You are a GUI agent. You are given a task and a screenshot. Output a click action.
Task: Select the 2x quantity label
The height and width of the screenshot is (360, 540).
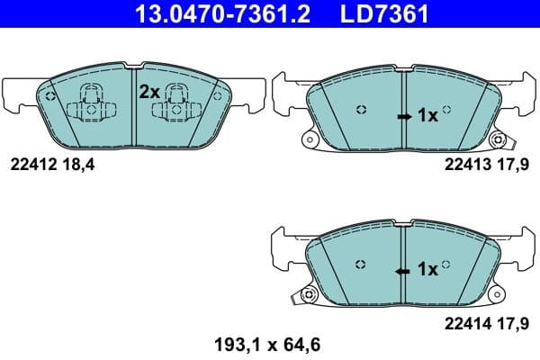[148, 91]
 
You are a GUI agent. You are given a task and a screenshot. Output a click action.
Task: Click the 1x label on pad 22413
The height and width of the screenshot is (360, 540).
[427, 116]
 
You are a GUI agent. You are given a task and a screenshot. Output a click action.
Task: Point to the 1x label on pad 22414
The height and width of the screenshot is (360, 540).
[427, 268]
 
